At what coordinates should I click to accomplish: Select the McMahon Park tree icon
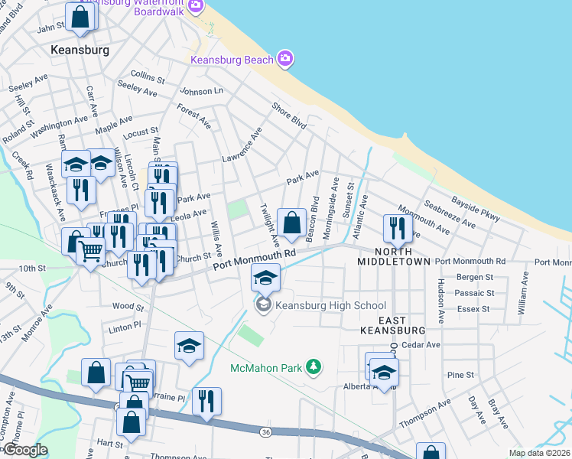point(313,368)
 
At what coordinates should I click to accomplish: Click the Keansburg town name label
point(80,50)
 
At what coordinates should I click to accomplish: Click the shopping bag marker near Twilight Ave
point(291,223)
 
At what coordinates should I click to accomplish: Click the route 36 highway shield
point(265,432)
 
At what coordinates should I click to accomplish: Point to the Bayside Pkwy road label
point(475,207)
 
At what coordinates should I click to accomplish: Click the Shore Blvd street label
point(289,115)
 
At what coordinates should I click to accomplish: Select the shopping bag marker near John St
point(80,16)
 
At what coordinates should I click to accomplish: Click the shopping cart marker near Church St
point(91,250)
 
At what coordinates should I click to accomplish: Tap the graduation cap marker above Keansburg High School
point(265,277)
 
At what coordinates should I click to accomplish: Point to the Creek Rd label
point(22,166)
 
